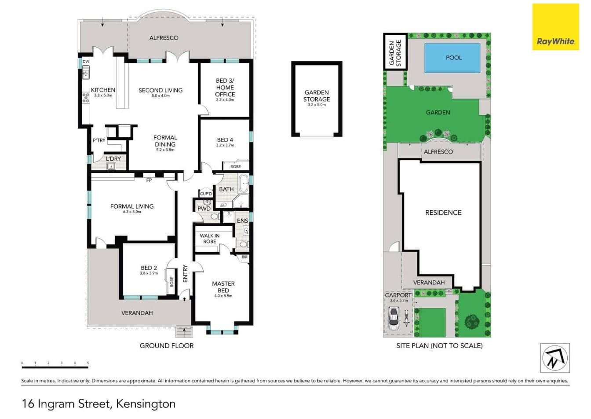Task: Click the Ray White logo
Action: (x=555, y=27)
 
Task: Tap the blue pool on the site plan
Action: (x=452, y=58)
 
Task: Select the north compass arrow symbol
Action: (x=555, y=358)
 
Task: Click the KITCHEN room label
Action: (x=103, y=90)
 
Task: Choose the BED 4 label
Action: (x=225, y=140)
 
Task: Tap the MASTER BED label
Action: (x=223, y=287)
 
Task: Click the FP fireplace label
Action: (x=149, y=180)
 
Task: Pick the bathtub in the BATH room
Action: (x=244, y=183)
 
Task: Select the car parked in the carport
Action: (x=393, y=319)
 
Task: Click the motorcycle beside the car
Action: (x=406, y=319)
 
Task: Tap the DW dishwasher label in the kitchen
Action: (x=86, y=62)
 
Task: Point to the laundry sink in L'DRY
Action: (x=111, y=166)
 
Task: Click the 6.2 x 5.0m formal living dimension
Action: (x=132, y=212)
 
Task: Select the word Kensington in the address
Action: (x=146, y=404)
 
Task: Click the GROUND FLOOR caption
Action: (x=167, y=346)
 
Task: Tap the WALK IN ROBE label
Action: (x=210, y=239)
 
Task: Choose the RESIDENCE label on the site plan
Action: (x=443, y=213)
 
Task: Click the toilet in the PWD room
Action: (x=215, y=217)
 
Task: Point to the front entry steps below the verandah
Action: (x=184, y=331)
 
